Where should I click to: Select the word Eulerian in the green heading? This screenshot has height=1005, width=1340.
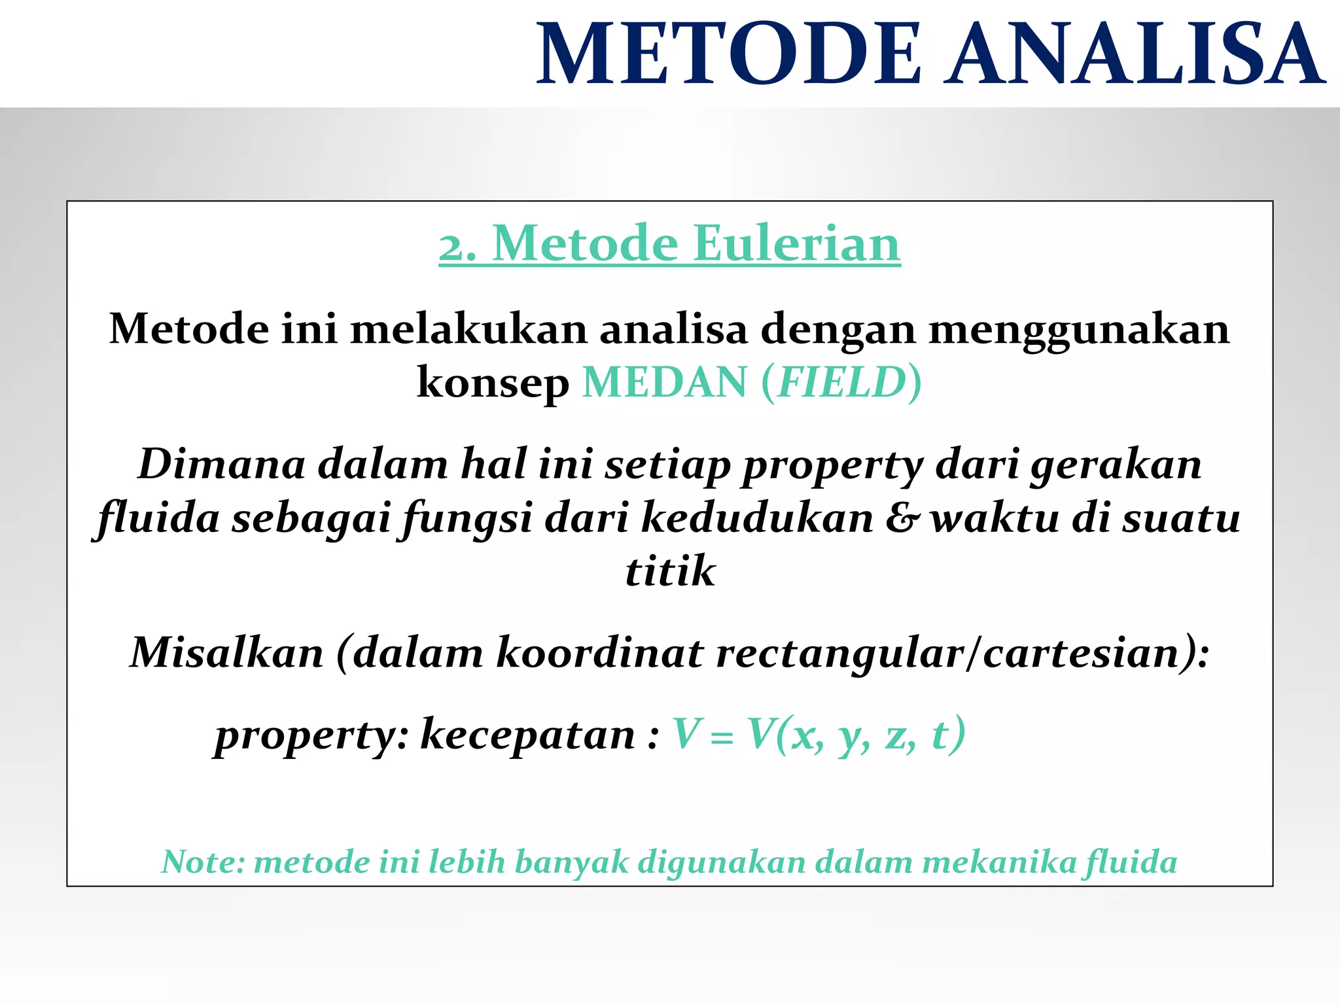tap(796, 243)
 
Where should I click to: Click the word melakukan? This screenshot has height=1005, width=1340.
tap(468, 328)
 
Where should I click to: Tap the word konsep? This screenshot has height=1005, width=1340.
tap(493, 383)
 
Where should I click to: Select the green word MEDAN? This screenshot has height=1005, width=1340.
tap(664, 382)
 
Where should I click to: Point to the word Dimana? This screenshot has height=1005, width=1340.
tap(222, 464)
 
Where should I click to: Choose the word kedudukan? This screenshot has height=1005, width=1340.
tap(758, 518)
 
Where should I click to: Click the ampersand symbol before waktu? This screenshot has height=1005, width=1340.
tap(903, 518)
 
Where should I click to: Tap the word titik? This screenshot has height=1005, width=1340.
tap(670, 571)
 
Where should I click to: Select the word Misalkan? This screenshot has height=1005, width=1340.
tap(227, 652)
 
